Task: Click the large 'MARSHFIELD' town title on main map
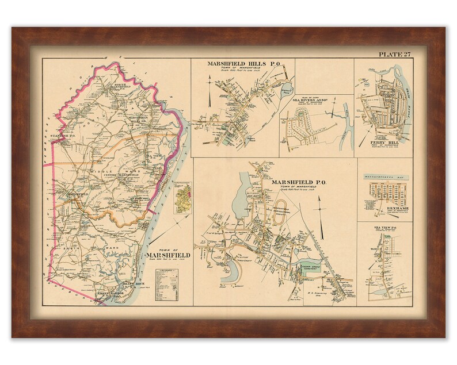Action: [x=166, y=255]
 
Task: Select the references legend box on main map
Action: [x=169, y=284]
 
